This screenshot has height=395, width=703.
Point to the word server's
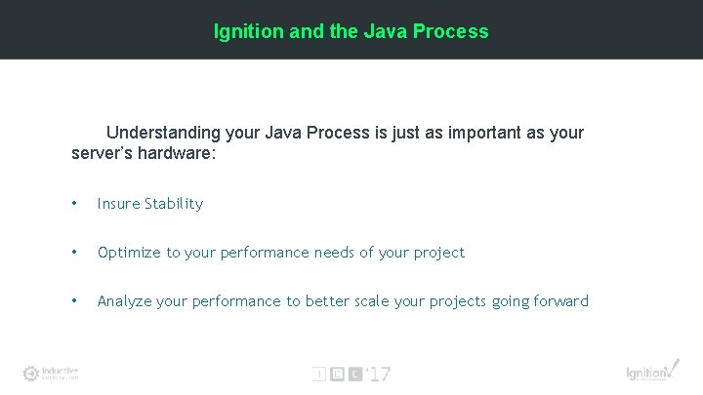coord(103,152)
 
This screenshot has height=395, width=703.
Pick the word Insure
coord(118,204)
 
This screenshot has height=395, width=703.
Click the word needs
coord(335,253)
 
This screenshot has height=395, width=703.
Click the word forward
coord(560,301)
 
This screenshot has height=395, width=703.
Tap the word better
coord(327,301)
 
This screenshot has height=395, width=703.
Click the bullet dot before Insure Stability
coord(74,204)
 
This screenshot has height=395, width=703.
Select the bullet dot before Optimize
coord(74,253)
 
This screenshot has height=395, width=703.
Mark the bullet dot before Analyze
coord(74,301)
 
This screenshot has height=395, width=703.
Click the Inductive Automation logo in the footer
coord(51,374)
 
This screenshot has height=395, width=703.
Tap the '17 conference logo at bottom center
coord(351,374)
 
